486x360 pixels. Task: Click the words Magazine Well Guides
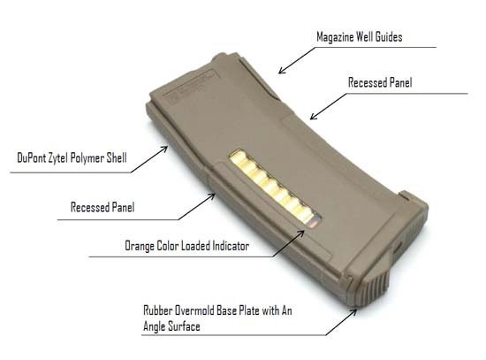[x=360, y=37]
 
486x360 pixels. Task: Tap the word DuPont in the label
[x=31, y=157]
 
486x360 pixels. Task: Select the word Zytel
[x=58, y=158]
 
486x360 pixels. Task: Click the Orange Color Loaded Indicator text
[x=187, y=246]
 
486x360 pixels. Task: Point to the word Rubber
[x=158, y=310]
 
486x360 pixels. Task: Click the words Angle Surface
[x=171, y=326]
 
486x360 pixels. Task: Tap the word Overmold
[x=194, y=310]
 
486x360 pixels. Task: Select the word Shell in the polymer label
[x=117, y=157]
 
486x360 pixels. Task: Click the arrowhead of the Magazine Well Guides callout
[x=280, y=72]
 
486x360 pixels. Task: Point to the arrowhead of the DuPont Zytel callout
[x=165, y=149]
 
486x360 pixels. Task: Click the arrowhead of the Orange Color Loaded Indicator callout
[x=301, y=233]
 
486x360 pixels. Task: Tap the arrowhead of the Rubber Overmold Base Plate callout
[x=354, y=311]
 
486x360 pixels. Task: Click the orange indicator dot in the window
[x=314, y=224]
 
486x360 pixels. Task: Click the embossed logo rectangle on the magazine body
[x=189, y=85]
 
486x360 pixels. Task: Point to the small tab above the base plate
[x=405, y=195]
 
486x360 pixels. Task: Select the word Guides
[x=389, y=37]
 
